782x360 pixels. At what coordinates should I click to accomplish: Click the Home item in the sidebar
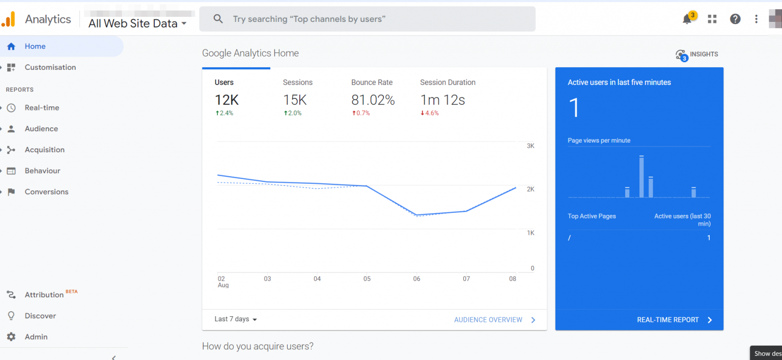(35, 46)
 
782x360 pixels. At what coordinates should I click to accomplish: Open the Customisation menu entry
(50, 67)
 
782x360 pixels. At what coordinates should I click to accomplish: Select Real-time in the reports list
(42, 108)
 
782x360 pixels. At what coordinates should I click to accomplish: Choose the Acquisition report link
(44, 150)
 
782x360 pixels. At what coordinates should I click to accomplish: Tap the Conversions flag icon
(11, 192)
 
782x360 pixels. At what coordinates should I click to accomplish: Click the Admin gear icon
(11, 337)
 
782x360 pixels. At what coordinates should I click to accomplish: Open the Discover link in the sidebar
(40, 316)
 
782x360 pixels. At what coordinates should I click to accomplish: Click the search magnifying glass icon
(218, 19)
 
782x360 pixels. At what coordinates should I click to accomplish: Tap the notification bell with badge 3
(687, 19)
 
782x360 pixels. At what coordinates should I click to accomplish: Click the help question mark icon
(735, 19)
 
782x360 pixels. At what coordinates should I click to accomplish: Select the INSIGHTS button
(697, 54)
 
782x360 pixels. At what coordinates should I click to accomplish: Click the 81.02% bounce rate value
(373, 100)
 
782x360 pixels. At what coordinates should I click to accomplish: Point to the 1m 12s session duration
(442, 100)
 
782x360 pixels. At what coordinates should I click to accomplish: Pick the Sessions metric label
(298, 82)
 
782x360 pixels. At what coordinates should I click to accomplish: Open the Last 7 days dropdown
(236, 319)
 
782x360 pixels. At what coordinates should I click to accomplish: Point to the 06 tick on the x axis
(417, 279)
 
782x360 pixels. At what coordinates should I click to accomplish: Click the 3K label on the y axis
(530, 146)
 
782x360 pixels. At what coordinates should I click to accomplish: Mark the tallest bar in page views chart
(641, 177)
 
